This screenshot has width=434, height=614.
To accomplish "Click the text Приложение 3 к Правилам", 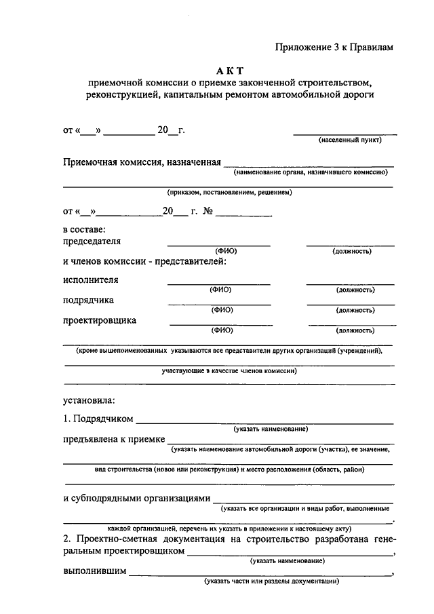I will [334, 47].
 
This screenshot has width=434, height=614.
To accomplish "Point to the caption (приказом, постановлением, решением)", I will [230, 193].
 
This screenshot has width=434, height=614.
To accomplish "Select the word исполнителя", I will [91, 280].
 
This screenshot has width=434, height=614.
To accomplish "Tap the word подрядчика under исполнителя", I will [89, 300].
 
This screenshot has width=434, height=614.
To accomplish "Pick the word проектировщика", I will [100, 320].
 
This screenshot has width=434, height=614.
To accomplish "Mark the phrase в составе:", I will [84, 229].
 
